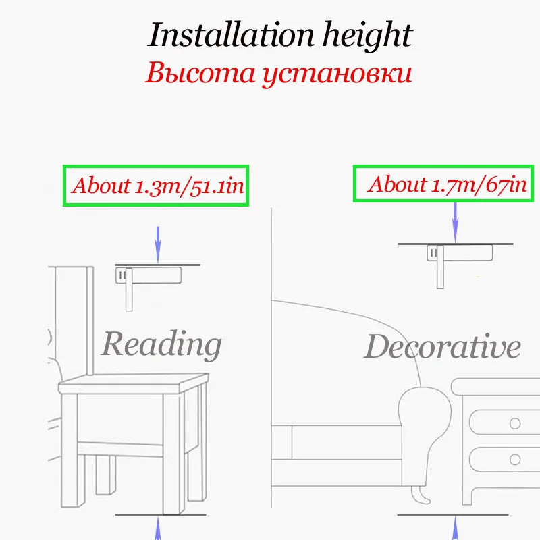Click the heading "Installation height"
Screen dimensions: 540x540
click(x=279, y=34)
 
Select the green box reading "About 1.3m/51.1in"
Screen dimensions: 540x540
click(x=156, y=186)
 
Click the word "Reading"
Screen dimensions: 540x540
click(x=161, y=344)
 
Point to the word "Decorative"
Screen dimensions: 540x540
click(x=442, y=347)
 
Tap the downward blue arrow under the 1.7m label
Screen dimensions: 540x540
click(x=456, y=223)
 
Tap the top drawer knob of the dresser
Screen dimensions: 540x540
click(x=515, y=424)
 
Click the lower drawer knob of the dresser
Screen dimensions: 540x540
click(x=515, y=460)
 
